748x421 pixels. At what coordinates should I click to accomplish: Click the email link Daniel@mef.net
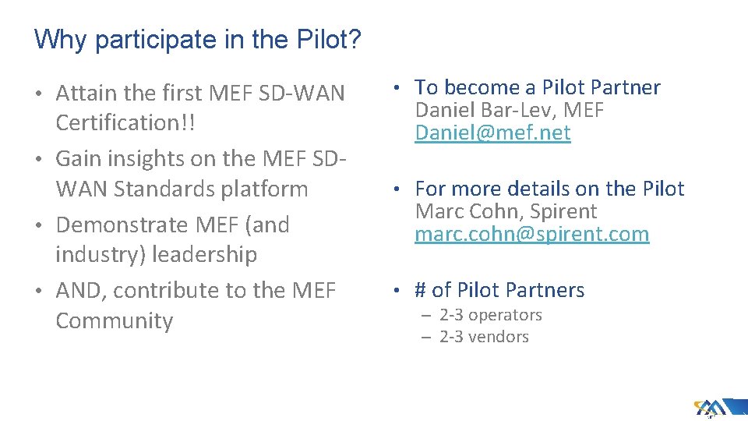(x=492, y=133)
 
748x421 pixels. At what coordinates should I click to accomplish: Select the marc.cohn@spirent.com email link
(x=531, y=234)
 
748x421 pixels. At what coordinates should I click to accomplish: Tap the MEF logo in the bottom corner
(x=711, y=407)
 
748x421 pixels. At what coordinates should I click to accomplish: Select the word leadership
(x=204, y=254)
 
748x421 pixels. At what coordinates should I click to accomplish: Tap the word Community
(x=115, y=320)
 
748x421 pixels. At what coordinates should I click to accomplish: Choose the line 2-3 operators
(x=490, y=315)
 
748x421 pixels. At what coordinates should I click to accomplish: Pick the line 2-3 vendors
(x=484, y=337)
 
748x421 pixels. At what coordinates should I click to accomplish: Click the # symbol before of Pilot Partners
(x=421, y=290)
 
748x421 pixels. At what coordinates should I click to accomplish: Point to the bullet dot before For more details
(x=397, y=189)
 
